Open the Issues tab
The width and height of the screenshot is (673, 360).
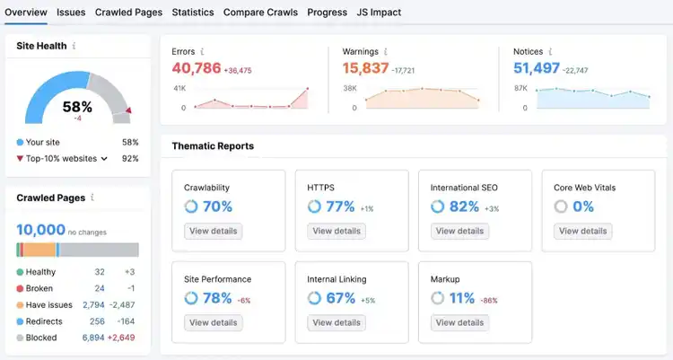coord(71,13)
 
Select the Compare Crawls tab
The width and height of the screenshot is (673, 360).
coord(260,13)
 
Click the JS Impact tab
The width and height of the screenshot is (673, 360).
coord(379,13)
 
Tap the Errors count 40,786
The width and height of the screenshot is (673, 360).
coord(197,68)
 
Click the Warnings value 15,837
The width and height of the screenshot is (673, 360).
coord(365,68)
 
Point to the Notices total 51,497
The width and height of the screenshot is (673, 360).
coord(537,68)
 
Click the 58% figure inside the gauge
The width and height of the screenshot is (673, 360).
coord(77,107)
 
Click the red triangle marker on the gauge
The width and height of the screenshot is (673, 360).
coord(128,110)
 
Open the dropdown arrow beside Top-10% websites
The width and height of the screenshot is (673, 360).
coord(104,159)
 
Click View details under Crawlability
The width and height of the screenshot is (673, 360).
coord(214,231)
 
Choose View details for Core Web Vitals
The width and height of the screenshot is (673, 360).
coord(583,231)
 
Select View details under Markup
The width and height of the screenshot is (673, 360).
coord(459,322)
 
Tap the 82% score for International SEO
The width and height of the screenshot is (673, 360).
coord(464,206)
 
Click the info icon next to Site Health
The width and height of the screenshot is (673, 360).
coord(74,46)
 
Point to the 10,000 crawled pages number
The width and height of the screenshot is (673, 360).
coord(40,230)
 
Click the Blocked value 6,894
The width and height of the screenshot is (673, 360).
coord(93,338)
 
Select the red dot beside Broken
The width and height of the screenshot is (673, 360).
coord(20,289)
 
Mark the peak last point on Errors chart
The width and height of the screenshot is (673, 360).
coord(307,89)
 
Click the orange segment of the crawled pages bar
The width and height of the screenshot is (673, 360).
coord(39,250)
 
